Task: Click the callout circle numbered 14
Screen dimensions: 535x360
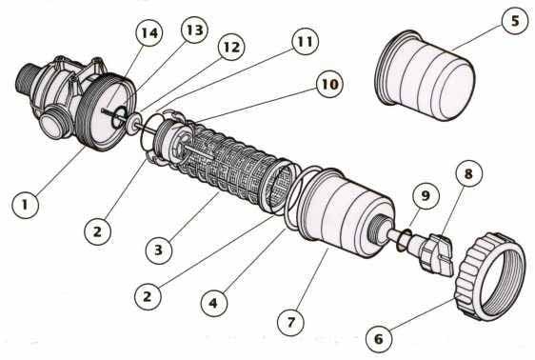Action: click(149, 32)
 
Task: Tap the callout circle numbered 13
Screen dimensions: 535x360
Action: click(194, 30)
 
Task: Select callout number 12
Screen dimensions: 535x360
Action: click(231, 47)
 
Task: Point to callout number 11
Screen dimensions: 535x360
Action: click(305, 41)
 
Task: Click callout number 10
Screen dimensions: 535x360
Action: click(329, 84)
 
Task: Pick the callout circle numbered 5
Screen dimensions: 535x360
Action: click(515, 21)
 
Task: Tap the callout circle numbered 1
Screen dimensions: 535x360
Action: click(25, 205)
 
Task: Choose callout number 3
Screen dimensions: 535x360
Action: click(159, 250)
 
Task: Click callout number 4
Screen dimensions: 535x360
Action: click(214, 303)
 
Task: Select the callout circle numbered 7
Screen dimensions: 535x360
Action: click(290, 322)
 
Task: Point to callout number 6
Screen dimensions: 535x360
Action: click(379, 339)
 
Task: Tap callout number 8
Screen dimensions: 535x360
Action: click(469, 173)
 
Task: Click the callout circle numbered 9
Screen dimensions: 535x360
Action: click(426, 195)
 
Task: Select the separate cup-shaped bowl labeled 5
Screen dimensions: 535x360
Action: click(425, 76)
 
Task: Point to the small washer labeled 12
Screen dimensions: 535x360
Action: click(134, 123)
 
